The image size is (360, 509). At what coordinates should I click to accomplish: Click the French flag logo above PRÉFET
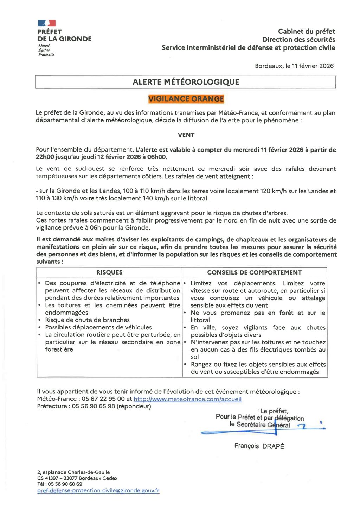click(47, 23)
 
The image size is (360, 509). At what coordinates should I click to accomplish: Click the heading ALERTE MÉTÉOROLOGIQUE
click(186, 82)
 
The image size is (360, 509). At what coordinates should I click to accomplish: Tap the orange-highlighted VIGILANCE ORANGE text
click(186, 99)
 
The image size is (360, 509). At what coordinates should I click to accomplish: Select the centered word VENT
click(186, 135)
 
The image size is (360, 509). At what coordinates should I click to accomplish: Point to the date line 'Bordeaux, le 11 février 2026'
click(294, 66)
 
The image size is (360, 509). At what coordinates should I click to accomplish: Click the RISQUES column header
click(109, 272)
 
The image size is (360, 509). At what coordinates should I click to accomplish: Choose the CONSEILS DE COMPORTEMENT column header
click(254, 272)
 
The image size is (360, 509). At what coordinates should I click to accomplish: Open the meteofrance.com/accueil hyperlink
click(187, 399)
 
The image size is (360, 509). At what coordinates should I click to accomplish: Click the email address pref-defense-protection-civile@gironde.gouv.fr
click(98, 490)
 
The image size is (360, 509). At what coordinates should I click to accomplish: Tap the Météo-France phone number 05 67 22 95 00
click(103, 399)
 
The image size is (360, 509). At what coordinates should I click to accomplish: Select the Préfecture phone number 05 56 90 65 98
click(94, 406)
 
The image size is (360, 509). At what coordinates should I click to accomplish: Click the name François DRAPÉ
click(259, 446)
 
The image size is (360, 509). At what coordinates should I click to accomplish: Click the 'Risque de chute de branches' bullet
click(87, 320)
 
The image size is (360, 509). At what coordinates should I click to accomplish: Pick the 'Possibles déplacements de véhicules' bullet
click(98, 327)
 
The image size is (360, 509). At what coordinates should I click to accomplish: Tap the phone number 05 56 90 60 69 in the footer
click(65, 484)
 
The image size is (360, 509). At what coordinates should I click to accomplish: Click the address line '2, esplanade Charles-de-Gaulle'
click(73, 472)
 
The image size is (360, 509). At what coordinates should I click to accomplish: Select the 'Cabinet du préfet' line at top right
click(306, 32)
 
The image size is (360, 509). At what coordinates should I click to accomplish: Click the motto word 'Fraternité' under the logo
click(46, 54)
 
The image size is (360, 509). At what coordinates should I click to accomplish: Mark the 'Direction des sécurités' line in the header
click(298, 40)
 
